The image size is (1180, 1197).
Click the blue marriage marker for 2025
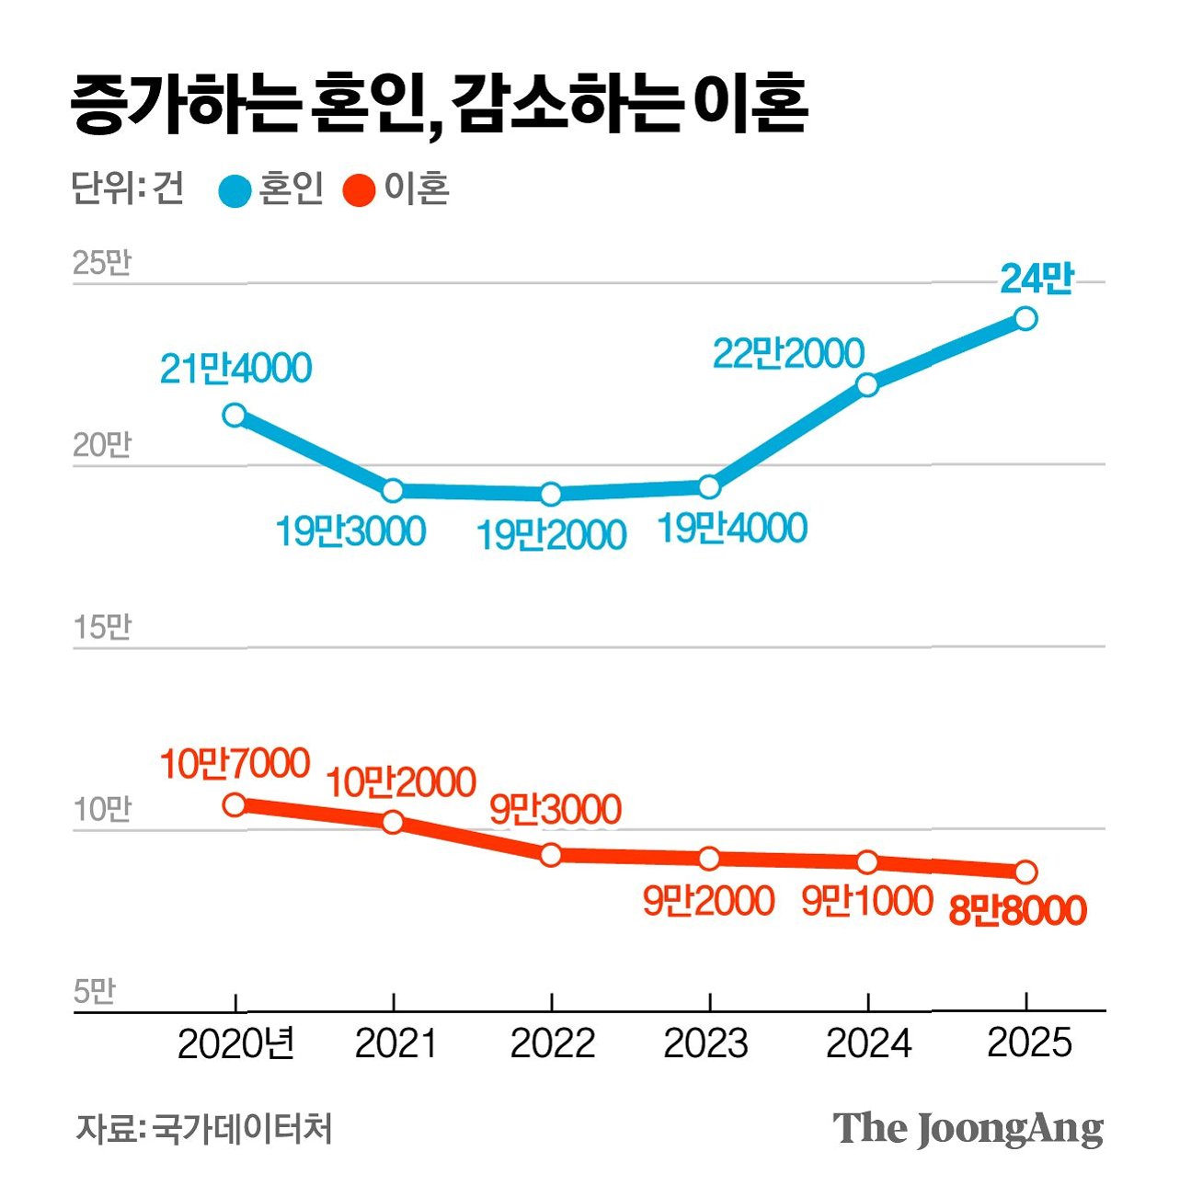click(1025, 318)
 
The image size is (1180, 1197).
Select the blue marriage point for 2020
click(235, 415)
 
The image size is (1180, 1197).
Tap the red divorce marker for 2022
click(551, 855)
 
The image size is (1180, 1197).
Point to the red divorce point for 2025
click(1025, 872)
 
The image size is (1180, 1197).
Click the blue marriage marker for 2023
click(709, 486)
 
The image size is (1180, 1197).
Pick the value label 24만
click(1037, 278)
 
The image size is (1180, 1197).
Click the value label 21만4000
click(236, 369)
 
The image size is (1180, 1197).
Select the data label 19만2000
click(551, 535)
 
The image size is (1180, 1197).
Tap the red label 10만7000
click(235, 763)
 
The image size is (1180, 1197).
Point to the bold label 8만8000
click(1017, 910)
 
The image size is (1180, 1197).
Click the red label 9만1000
click(867, 901)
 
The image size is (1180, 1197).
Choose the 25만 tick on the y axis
click(102, 263)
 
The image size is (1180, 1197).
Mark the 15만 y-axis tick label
click(102, 627)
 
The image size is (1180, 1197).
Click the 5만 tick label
click(95, 991)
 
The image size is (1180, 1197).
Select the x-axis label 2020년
click(236, 1043)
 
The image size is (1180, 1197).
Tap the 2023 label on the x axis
click(706, 1043)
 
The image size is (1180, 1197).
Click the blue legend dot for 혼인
click(235, 191)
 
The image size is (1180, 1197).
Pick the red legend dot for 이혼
click(359, 191)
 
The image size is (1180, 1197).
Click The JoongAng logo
click(968, 1128)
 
